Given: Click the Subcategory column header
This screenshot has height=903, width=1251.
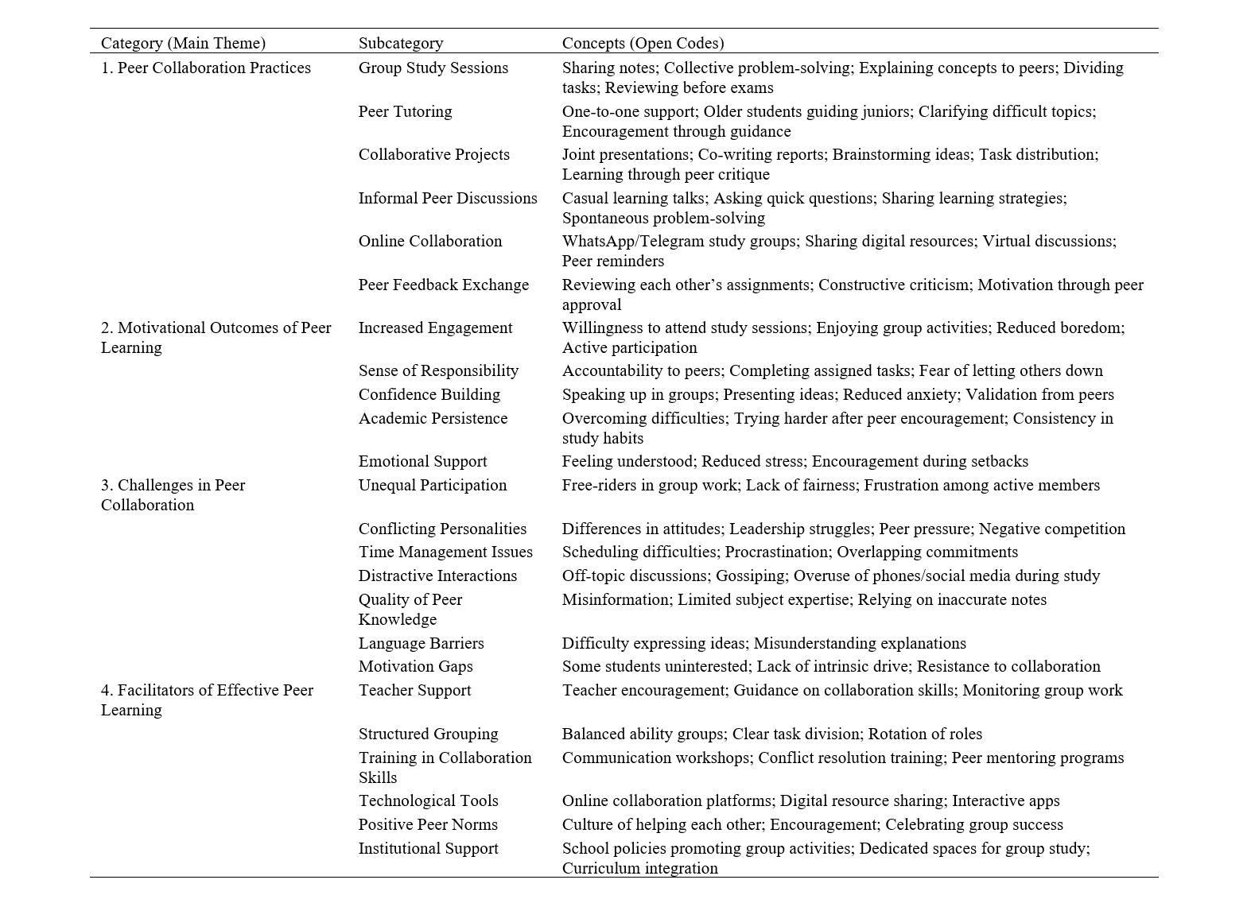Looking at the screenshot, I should [x=400, y=43].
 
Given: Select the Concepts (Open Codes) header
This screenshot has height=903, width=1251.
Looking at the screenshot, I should [x=643, y=43].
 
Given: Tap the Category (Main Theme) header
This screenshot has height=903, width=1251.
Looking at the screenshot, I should [x=183, y=43].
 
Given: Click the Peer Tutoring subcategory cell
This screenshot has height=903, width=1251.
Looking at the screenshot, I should [x=405, y=111].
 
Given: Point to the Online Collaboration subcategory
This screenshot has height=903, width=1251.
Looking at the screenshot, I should [x=429, y=241].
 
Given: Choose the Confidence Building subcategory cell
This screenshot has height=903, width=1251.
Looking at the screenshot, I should [x=429, y=394].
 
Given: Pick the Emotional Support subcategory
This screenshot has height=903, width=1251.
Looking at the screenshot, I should [x=422, y=461].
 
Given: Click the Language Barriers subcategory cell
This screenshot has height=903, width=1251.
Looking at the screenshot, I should [x=421, y=643].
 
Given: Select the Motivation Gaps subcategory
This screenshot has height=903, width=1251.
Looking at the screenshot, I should [x=415, y=666].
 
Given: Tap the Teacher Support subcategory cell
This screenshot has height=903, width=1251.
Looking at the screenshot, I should [x=414, y=690].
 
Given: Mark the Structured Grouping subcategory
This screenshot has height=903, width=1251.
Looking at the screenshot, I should [x=428, y=734].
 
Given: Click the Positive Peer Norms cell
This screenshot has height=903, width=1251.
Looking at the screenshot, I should [x=428, y=824].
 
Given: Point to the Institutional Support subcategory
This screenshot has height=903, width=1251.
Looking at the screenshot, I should [x=428, y=848].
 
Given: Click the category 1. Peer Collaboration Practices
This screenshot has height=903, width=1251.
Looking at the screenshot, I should [x=205, y=68].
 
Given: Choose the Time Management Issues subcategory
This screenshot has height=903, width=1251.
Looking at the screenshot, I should [x=445, y=552].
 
